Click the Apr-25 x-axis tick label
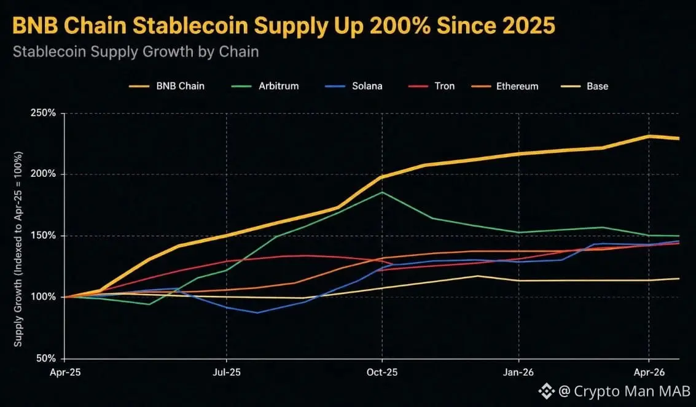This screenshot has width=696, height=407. pyautogui.click(x=65, y=373)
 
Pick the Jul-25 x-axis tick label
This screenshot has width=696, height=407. pyautogui.click(x=227, y=373)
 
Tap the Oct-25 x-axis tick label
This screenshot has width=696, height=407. pyautogui.click(x=382, y=373)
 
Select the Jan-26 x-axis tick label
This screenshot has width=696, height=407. pyautogui.click(x=519, y=373)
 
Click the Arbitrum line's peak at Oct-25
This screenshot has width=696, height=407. pyautogui.click(x=382, y=192)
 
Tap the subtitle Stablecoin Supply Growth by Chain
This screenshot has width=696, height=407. pyautogui.click(x=136, y=52)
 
